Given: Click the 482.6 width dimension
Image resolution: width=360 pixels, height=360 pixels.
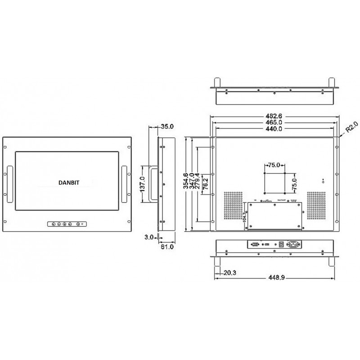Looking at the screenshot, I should [x=275, y=115].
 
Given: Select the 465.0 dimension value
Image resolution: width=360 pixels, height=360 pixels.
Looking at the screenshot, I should [x=275, y=122].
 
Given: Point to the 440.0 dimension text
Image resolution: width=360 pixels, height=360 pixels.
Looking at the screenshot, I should [x=275, y=129].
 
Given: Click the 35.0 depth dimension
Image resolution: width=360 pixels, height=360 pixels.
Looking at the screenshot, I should [x=167, y=127].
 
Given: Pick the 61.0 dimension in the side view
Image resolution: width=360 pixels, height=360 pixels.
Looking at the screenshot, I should [x=167, y=247].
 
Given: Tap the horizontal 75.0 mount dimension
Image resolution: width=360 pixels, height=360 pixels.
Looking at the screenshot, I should [x=275, y=165].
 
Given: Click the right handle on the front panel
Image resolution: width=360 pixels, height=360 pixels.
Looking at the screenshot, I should [x=124, y=184].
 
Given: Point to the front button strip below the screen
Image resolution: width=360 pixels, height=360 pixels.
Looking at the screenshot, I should [x=66, y=223].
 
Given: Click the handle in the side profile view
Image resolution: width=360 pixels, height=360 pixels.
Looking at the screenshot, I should [x=153, y=184].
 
